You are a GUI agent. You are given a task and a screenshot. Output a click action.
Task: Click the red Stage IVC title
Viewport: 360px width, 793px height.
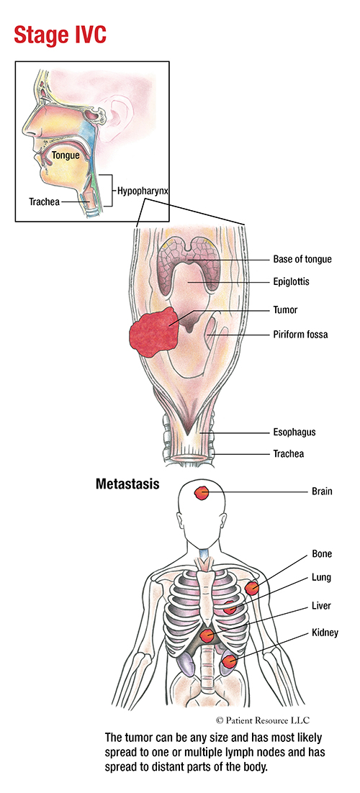point(60,35)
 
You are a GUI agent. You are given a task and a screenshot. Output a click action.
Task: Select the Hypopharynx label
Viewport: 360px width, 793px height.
point(143,191)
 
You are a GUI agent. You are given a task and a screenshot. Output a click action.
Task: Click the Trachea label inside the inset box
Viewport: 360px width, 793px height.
point(44,201)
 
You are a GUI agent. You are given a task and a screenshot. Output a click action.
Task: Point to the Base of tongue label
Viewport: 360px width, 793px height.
point(302,260)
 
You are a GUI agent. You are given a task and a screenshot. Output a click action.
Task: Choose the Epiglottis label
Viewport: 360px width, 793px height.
point(291,282)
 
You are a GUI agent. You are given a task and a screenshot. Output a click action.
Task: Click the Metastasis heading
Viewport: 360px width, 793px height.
point(127,484)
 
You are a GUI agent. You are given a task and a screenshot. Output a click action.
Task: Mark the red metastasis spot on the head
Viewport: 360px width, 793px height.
point(202,493)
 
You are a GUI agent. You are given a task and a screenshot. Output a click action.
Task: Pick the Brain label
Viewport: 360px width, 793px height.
point(322,491)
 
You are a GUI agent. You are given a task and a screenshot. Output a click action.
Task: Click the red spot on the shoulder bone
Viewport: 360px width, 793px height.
point(252,588)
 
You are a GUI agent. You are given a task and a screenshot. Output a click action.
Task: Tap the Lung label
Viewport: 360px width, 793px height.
point(322,577)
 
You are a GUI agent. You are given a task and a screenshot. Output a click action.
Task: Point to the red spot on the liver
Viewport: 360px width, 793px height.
point(206,635)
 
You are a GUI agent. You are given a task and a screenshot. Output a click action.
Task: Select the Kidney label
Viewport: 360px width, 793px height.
point(325,633)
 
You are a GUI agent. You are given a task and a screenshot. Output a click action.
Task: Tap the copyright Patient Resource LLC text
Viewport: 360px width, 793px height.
point(262,720)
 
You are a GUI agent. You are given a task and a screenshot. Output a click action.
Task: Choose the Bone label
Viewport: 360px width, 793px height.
point(322,554)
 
